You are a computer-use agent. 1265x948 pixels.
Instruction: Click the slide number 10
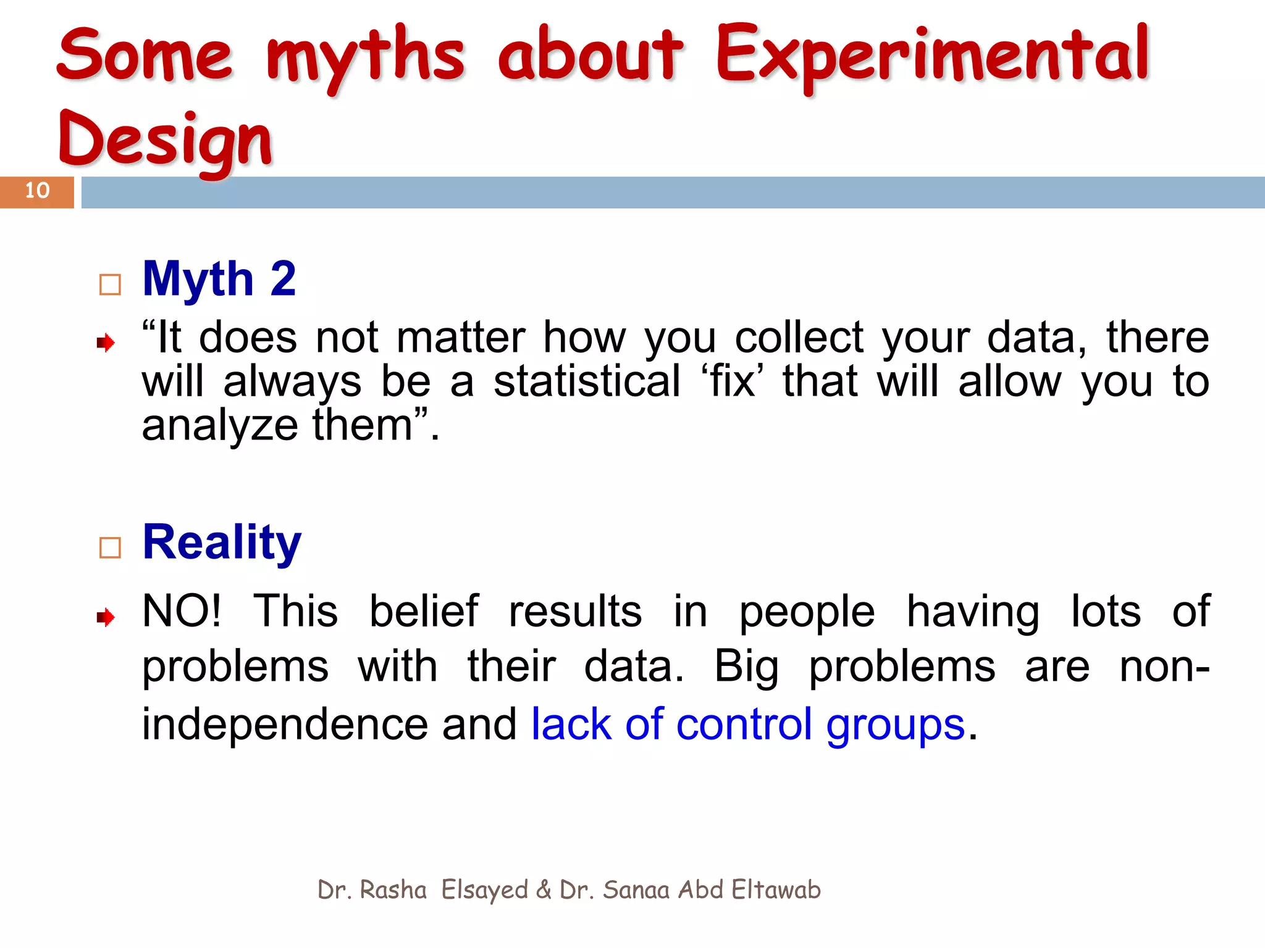[x=37, y=191]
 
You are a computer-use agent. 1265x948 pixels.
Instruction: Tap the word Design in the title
[x=166, y=141]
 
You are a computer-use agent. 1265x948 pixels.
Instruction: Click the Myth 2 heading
[x=219, y=279]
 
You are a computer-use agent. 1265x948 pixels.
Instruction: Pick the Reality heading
[x=222, y=543]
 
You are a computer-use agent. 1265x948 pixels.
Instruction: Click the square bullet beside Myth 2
[x=110, y=285]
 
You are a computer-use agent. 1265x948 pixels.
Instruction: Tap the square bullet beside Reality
[x=110, y=547]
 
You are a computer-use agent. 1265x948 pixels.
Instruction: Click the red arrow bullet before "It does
[x=106, y=343]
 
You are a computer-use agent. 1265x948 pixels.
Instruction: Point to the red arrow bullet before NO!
[x=106, y=617]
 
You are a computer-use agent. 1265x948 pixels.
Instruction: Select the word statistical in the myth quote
[x=587, y=381]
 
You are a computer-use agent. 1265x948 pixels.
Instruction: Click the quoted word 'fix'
[x=731, y=381]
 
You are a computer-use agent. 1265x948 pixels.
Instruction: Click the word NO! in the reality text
[x=182, y=611]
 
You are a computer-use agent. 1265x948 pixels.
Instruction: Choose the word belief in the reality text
[x=424, y=611]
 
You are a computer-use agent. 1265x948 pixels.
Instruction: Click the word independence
[x=285, y=724]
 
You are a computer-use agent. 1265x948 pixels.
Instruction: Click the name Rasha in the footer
[x=393, y=890]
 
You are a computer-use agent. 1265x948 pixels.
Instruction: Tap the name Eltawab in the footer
[x=776, y=890]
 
